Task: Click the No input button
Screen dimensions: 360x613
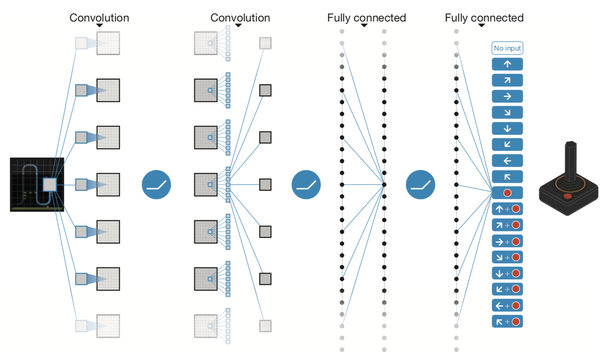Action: click(507, 48)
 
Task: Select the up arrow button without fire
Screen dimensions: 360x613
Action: click(507, 64)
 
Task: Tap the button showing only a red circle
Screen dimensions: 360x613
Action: click(507, 193)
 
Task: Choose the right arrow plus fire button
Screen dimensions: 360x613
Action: click(507, 241)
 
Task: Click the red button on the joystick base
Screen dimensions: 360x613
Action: click(567, 196)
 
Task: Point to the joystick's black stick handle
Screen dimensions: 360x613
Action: click(570, 161)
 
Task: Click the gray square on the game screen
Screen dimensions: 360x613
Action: click(49, 184)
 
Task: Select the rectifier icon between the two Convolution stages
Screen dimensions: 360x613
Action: click(157, 184)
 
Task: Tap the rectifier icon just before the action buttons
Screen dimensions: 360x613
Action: click(421, 184)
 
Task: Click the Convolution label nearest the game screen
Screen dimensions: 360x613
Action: click(99, 18)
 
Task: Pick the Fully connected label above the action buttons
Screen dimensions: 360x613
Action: click(484, 18)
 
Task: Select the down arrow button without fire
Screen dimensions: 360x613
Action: click(507, 129)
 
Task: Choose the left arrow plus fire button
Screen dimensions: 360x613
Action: click(507, 306)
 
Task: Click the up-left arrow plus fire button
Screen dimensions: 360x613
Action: click(507, 322)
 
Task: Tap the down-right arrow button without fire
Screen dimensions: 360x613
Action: click(507, 112)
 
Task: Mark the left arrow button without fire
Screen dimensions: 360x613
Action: click(507, 161)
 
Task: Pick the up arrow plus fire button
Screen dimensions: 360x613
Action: click(507, 209)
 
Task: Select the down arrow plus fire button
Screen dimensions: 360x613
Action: click(507, 274)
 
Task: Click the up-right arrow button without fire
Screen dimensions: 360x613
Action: click(507, 80)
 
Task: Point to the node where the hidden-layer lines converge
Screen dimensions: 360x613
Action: click(384, 184)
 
